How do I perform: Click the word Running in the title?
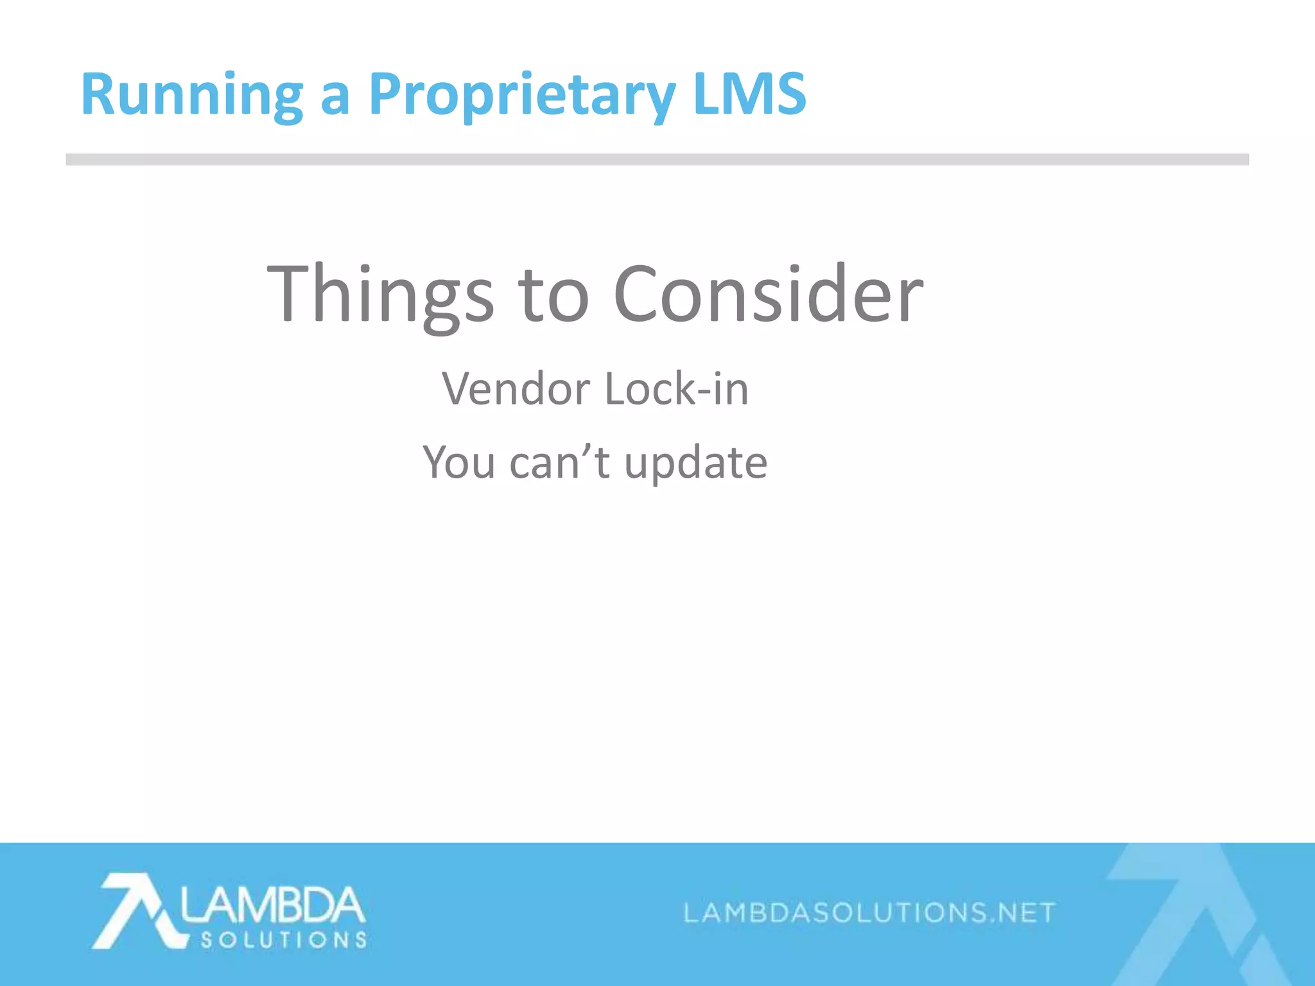click(x=191, y=94)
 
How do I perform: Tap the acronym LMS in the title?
click(x=749, y=94)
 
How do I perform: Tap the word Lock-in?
click(x=677, y=389)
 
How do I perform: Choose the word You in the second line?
click(x=458, y=462)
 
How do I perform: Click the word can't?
click(x=559, y=462)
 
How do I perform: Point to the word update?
click(x=695, y=463)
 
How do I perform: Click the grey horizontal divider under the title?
click(x=657, y=160)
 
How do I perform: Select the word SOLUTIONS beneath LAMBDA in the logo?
click(x=283, y=940)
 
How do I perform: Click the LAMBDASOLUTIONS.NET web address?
click(x=869, y=912)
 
